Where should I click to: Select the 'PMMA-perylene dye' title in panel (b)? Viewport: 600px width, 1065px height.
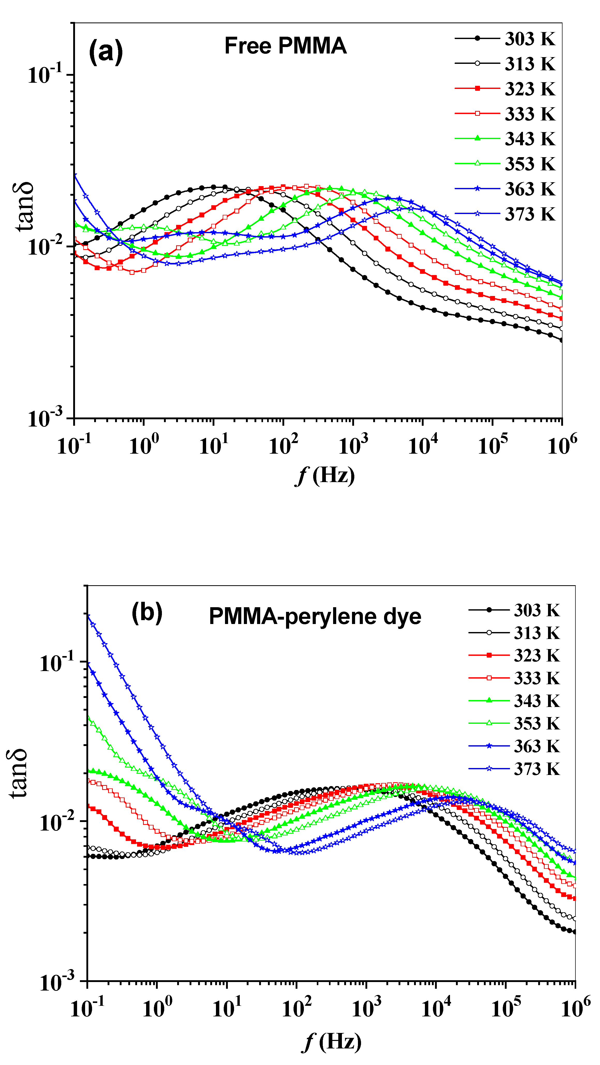point(315,617)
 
